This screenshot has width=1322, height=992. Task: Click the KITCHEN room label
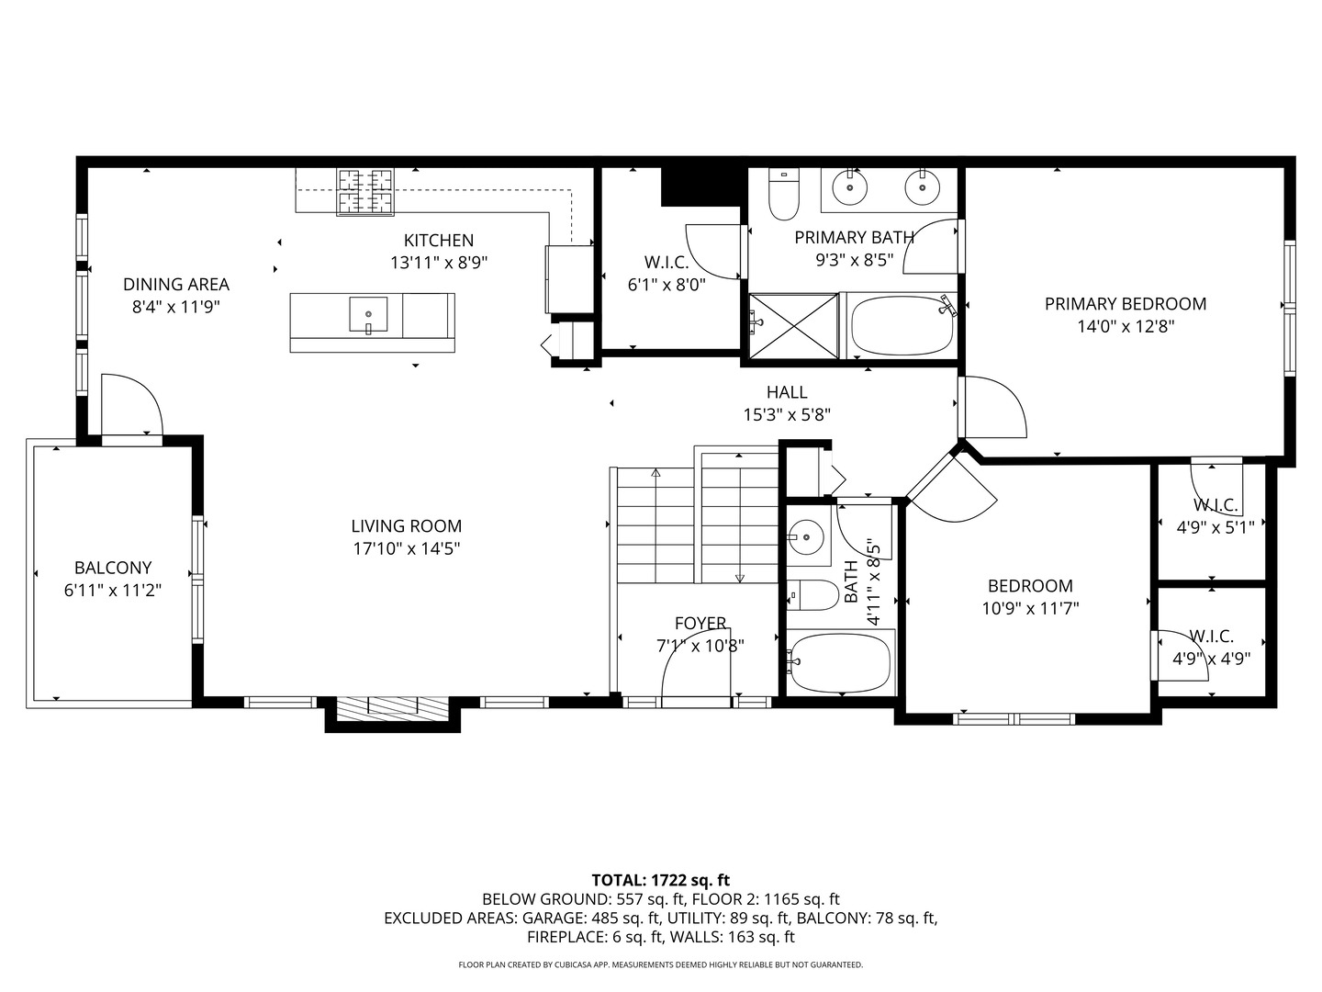click(x=439, y=241)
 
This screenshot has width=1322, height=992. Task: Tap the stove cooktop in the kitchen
click(x=365, y=192)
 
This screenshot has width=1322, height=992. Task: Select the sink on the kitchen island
click(x=368, y=314)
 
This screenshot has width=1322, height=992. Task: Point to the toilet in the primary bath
click(x=784, y=193)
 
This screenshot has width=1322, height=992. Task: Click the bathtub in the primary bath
click(x=902, y=326)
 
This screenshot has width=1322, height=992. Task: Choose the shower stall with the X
click(x=793, y=326)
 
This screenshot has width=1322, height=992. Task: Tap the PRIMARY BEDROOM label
click(x=1125, y=304)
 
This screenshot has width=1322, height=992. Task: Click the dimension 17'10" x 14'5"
click(x=407, y=548)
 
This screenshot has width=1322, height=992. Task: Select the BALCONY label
click(x=113, y=568)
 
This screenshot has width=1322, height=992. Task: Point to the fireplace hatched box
click(x=393, y=707)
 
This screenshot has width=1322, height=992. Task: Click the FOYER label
click(x=700, y=623)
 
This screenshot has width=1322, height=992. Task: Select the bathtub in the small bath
click(x=841, y=662)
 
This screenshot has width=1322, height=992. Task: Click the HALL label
click(x=787, y=392)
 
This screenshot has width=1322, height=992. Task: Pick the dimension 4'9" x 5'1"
click(x=1216, y=527)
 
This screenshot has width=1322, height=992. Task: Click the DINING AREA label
click(x=176, y=285)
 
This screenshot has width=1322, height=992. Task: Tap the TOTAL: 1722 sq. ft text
click(x=661, y=881)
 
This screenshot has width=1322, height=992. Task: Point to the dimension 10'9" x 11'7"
click(x=1030, y=608)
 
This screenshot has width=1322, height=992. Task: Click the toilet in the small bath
click(x=812, y=595)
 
